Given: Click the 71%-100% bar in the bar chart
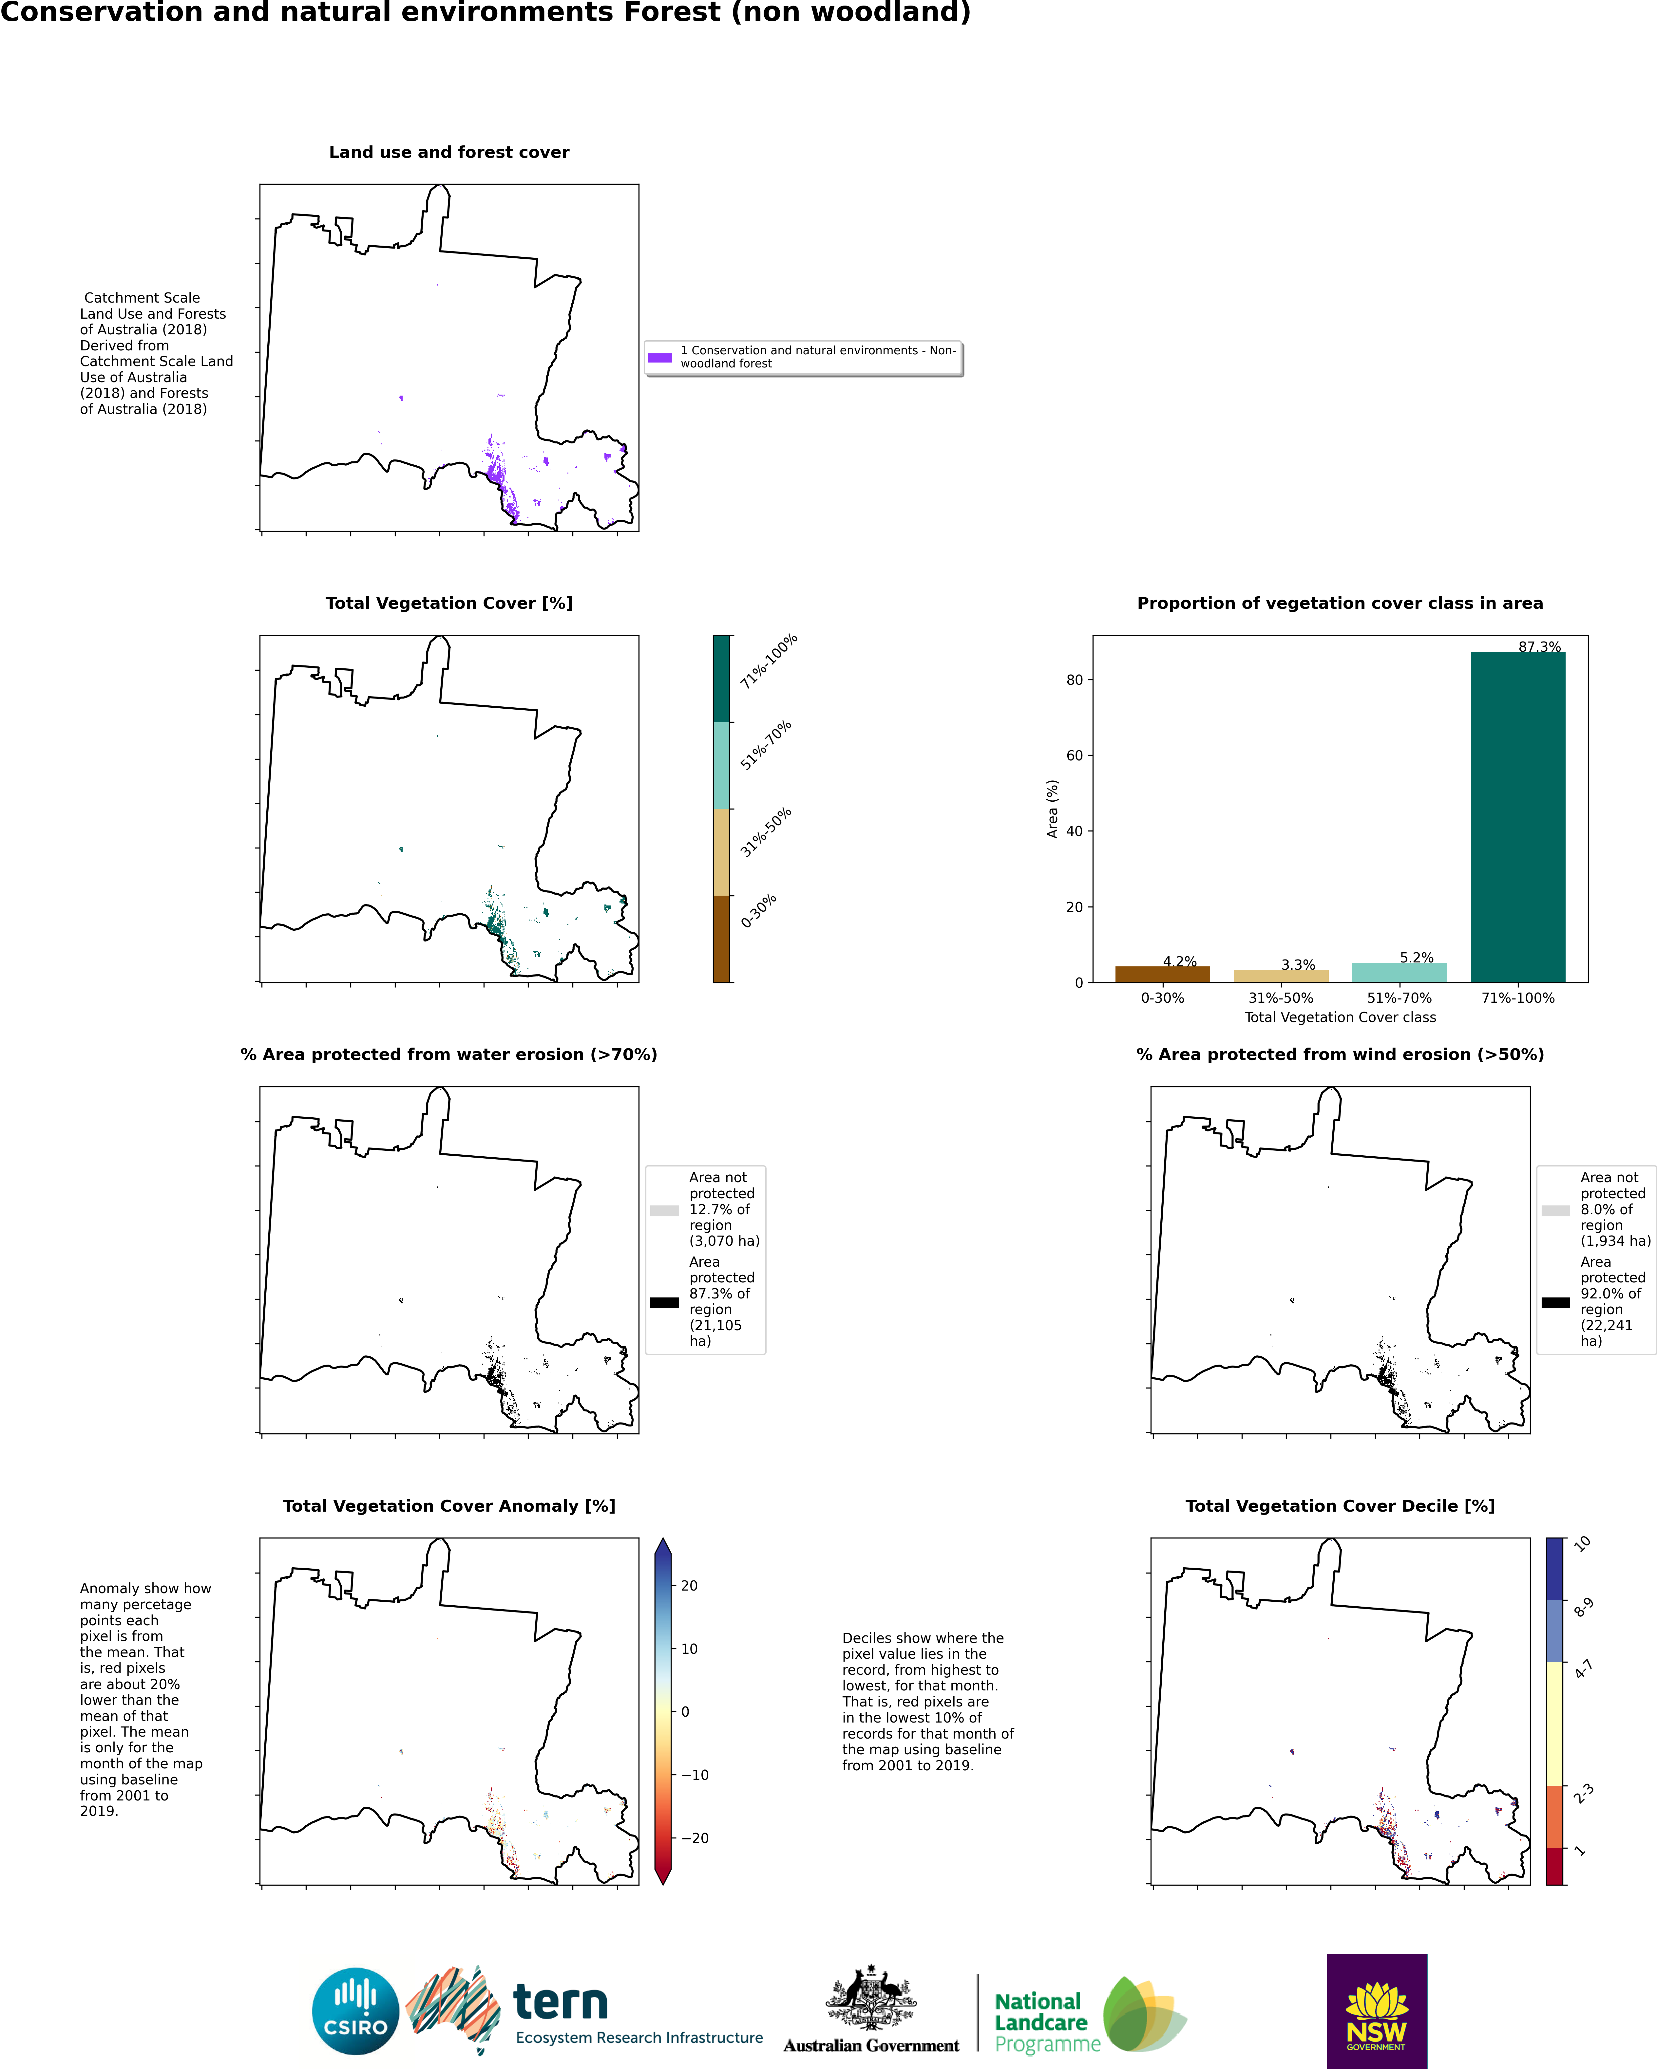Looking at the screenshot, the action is [1518, 817].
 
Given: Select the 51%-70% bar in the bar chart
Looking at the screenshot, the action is [1399, 972].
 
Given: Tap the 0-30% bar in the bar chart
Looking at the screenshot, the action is [1163, 974].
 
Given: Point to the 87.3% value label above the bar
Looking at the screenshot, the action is [1540, 647].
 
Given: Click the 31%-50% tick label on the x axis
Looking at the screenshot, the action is [1281, 998].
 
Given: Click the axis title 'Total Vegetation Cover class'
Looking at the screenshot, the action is [1340, 1017].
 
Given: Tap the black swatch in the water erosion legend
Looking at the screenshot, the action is [664, 1302].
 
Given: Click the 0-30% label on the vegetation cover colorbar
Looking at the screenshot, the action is [758, 911].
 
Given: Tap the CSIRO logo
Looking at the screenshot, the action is [355, 2011].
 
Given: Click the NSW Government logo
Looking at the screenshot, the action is [1377, 2011].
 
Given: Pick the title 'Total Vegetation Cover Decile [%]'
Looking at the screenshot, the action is [1340, 1506].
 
